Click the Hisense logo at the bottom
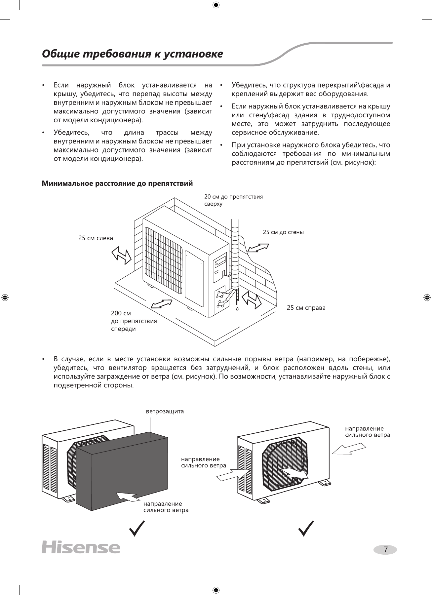tap(81, 547)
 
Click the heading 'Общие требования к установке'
tap(132, 54)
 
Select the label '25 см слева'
tap(96, 238)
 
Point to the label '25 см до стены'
tap(283, 232)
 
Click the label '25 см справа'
tap(306, 308)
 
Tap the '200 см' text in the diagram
tap(121, 313)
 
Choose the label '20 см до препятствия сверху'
tap(233, 200)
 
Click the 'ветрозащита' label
tap(165, 412)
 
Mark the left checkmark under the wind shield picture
tap(137, 529)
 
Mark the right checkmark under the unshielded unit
tap(306, 529)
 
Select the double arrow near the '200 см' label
tap(162, 304)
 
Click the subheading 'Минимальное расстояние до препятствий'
tap(117, 183)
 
